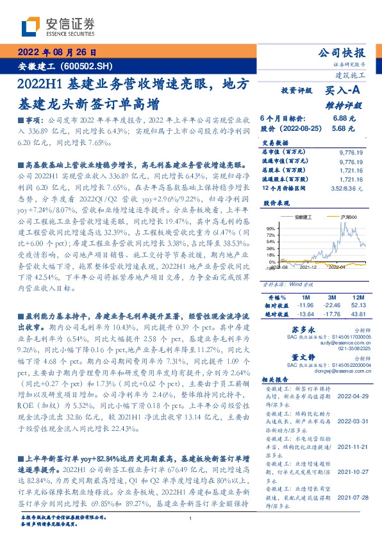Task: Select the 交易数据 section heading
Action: tap(276, 142)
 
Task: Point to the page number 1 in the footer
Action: tap(191, 519)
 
